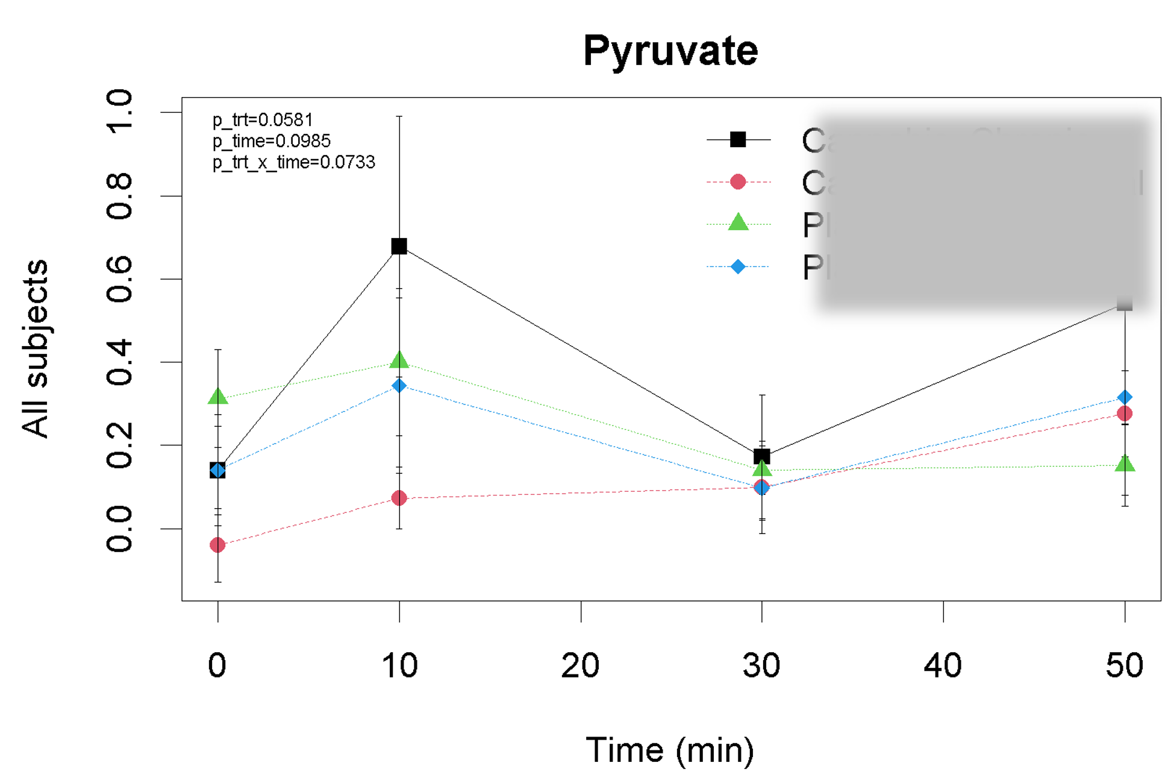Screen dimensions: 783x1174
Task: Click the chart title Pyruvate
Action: pos(670,51)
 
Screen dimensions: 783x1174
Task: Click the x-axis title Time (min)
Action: pos(670,750)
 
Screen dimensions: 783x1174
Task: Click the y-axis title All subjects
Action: pos(35,348)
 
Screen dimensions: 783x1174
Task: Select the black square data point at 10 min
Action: pos(399,246)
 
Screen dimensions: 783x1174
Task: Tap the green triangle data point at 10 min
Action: pos(399,360)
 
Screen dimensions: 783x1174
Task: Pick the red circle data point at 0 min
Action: pos(217,545)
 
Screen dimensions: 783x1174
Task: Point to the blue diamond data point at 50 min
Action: pos(1124,397)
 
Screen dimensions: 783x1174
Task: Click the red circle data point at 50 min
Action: pos(1124,414)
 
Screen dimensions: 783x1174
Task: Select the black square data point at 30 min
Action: pos(762,456)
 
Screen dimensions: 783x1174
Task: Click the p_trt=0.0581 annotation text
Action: pos(263,120)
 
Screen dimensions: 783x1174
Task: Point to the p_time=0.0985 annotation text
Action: pos(272,141)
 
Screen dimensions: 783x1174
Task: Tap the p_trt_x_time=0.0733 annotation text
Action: pos(294,162)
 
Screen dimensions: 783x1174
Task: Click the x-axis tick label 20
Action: pos(580,666)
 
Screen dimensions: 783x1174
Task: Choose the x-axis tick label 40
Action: pos(943,666)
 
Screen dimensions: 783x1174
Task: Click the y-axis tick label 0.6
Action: pos(119,279)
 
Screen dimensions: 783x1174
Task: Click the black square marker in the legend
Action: pos(738,140)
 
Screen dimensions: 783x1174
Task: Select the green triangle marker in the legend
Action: pos(738,223)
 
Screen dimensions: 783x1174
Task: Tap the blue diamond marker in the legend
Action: pos(738,266)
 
